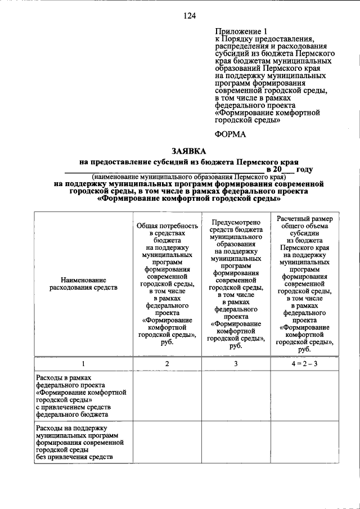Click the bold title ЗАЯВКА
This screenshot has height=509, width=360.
188,151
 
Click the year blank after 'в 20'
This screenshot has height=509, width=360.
287,169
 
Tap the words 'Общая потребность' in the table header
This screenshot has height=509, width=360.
167,226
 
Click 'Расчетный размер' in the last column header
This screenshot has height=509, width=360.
304,218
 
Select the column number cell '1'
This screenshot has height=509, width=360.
83,364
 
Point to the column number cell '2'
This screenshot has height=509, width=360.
167,364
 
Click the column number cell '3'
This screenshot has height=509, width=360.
236,364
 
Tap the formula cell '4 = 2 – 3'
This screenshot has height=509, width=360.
304,364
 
